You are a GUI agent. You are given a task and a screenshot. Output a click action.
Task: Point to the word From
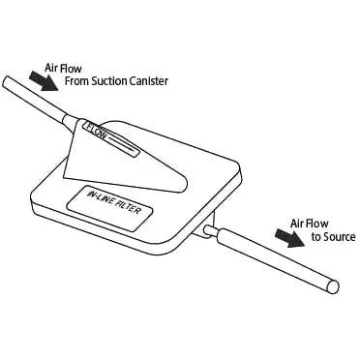pyautogui.click(x=75, y=81)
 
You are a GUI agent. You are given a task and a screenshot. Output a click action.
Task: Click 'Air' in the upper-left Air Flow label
pyautogui.click(x=53, y=69)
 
